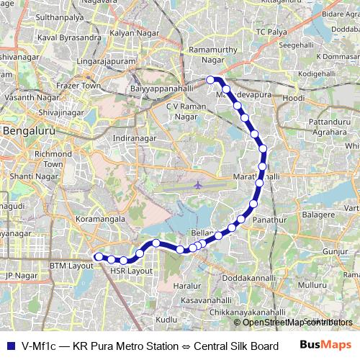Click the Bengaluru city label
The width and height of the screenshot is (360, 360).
pos(27,131)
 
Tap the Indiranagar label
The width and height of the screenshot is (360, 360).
pos(134,137)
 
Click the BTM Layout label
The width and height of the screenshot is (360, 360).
pos(72,266)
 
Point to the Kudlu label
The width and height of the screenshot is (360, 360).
pos(166,318)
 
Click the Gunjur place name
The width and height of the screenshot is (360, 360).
pos(336,251)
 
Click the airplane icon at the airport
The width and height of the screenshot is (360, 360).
pos(198,185)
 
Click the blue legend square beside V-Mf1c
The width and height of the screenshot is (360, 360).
pos(9,344)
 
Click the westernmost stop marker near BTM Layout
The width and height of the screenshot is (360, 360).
pos(99,256)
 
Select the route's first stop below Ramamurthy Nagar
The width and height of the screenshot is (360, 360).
pos(210,79)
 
